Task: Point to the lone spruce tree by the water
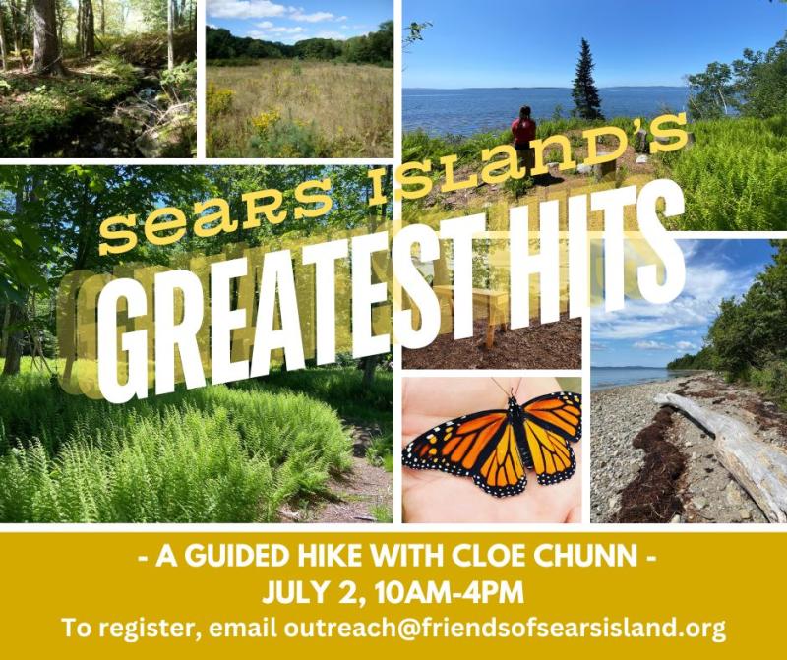[586, 80]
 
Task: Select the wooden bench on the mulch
[469, 311]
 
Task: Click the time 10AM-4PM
[449, 593]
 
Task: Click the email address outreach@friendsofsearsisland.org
[505, 628]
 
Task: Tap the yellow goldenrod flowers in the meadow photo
[265, 120]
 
